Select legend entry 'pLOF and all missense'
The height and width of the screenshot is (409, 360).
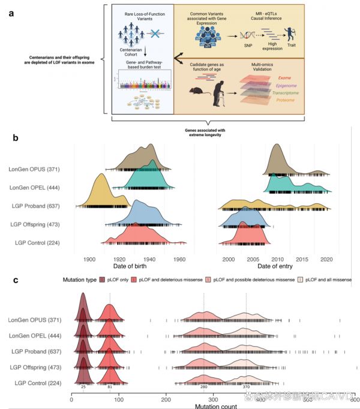(x=330, y=279)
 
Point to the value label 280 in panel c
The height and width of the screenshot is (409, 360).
(x=203, y=387)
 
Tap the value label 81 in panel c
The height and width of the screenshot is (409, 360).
(x=109, y=387)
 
